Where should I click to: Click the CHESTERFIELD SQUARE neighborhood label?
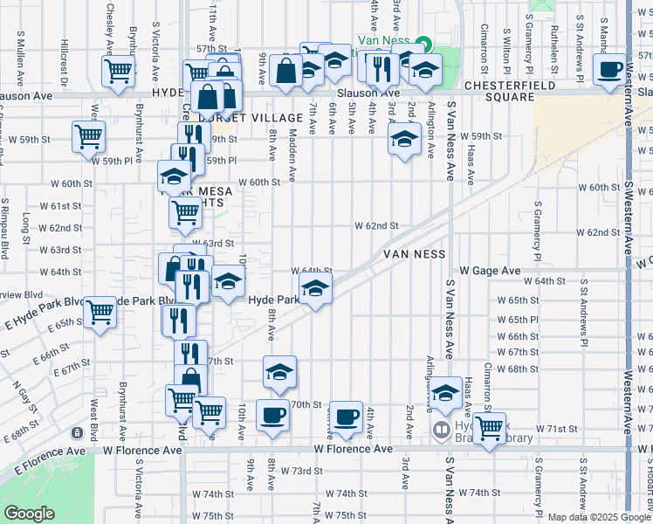(x=498, y=91)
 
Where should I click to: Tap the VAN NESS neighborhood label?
(x=415, y=254)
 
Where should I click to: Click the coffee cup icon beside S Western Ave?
(x=609, y=69)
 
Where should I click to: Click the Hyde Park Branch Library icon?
(x=442, y=430)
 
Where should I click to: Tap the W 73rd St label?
(x=300, y=470)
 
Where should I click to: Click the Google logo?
(x=30, y=514)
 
